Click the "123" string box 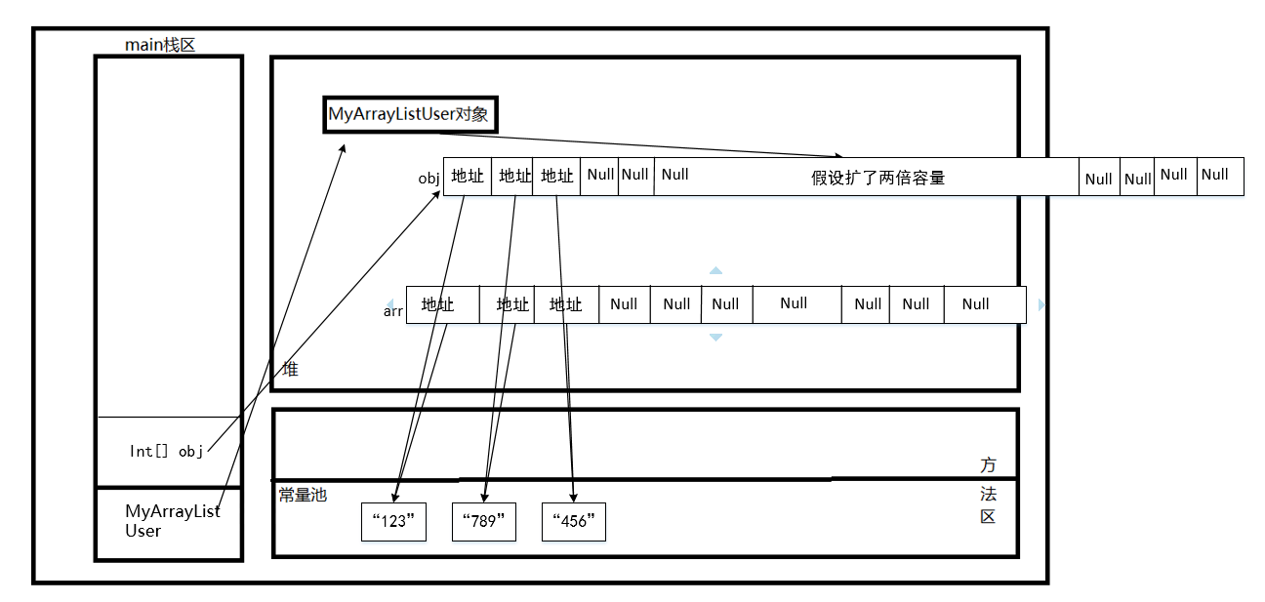click(x=394, y=521)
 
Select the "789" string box click(x=484, y=521)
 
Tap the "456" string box click(x=574, y=521)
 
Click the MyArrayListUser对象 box click(x=410, y=114)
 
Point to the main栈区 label click(x=160, y=45)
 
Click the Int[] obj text click(x=166, y=451)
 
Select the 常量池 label click(x=303, y=496)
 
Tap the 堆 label click(x=290, y=370)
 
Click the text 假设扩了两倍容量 click(x=878, y=178)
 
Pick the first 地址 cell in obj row click(x=467, y=177)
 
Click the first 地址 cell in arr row click(x=438, y=304)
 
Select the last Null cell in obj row click(x=1219, y=176)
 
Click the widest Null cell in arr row click(x=795, y=304)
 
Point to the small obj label click(x=429, y=178)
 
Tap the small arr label click(x=393, y=311)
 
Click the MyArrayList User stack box click(x=168, y=523)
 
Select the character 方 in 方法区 click(x=989, y=464)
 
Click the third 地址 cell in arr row click(x=566, y=304)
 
